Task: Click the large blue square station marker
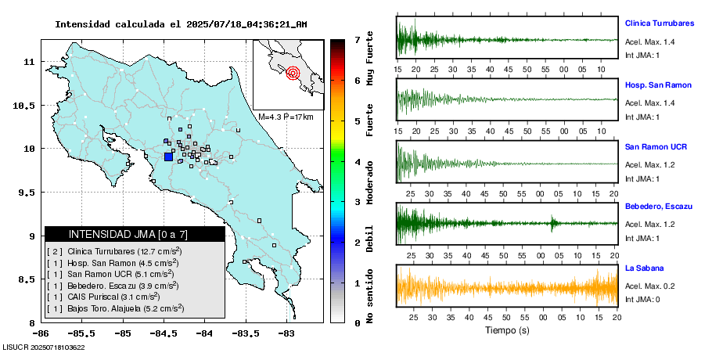(168, 157)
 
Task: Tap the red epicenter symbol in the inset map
(293, 74)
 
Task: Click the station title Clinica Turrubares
(659, 23)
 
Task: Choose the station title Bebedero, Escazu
(659, 206)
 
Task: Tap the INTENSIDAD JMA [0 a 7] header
(135, 234)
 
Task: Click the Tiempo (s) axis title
(507, 330)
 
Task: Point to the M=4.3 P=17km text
(286, 117)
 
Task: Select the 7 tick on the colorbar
(357, 39)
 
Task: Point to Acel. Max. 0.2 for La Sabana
(649, 286)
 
